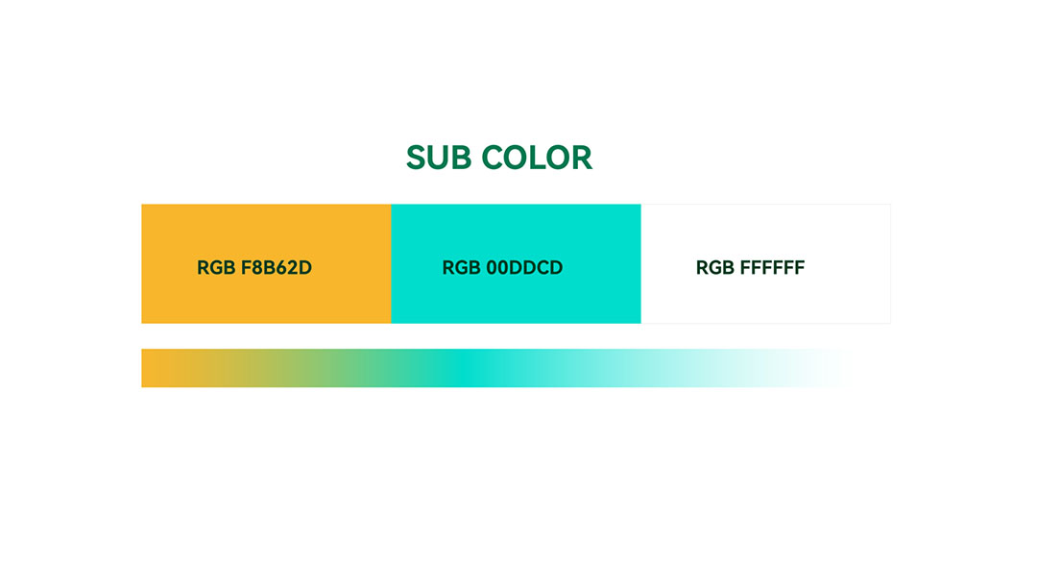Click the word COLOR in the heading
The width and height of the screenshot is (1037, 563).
[537, 158]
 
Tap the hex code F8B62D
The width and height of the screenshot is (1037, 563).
[276, 267]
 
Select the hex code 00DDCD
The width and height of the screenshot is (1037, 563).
[524, 267]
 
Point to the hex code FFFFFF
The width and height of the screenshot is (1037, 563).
[772, 267]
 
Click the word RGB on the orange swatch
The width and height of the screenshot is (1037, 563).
[216, 267]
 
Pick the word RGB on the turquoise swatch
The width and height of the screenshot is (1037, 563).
[462, 267]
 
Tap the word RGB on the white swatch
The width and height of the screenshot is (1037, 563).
[715, 267]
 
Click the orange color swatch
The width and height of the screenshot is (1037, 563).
[266, 264]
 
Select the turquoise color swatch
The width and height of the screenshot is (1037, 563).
[516, 264]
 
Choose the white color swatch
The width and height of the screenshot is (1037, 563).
[766, 264]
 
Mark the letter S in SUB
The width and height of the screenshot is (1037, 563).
[416, 158]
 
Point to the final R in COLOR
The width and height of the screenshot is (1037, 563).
[583, 158]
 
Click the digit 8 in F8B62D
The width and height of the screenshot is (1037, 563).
[255, 267]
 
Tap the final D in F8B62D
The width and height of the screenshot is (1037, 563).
[305, 267]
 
